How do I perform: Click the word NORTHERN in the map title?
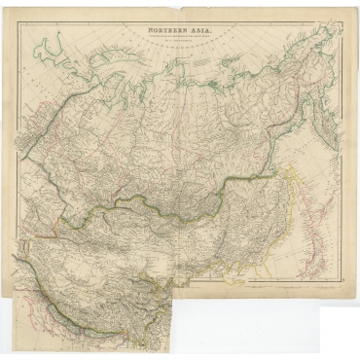[x=166, y=31]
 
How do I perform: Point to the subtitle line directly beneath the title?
[x=181, y=38]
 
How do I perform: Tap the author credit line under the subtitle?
[x=181, y=44]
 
